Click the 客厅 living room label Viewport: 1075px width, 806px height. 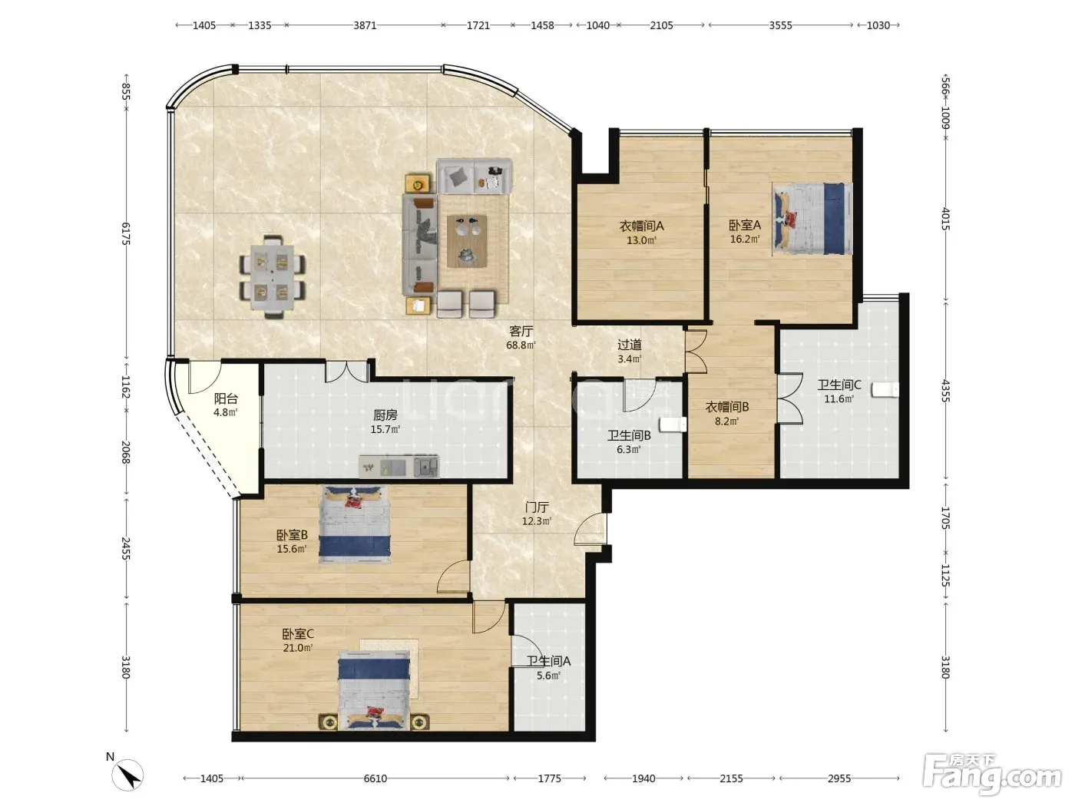[521, 332]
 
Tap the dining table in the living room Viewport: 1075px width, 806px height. [273, 277]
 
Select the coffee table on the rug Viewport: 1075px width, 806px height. [466, 241]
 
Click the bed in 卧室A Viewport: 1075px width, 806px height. [812, 219]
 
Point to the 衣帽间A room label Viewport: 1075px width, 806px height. [641, 226]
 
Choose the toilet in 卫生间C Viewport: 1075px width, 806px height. [885, 389]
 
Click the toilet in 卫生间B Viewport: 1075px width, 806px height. [673, 424]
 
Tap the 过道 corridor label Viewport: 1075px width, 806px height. [630, 345]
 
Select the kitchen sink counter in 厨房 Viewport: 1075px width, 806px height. [399, 467]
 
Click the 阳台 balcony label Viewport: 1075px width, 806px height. [226, 399]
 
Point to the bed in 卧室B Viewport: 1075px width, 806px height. [355, 524]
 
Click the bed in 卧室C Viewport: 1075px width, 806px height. [374, 690]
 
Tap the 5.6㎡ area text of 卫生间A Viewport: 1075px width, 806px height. [548, 676]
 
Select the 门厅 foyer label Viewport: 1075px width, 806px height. [536, 507]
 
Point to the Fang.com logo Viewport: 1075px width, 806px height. [992, 775]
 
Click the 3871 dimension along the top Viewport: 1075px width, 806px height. [365, 25]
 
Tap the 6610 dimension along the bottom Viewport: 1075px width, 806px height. [375, 778]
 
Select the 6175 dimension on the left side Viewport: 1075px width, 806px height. [126, 233]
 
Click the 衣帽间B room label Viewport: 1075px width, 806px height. [727, 407]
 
